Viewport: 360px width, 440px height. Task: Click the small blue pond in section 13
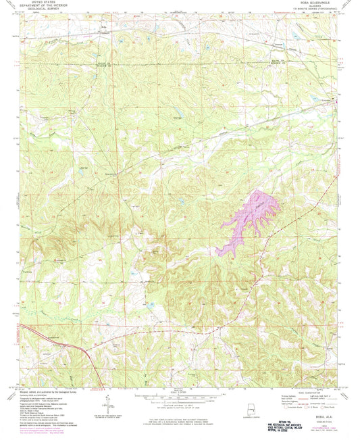[182, 201]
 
